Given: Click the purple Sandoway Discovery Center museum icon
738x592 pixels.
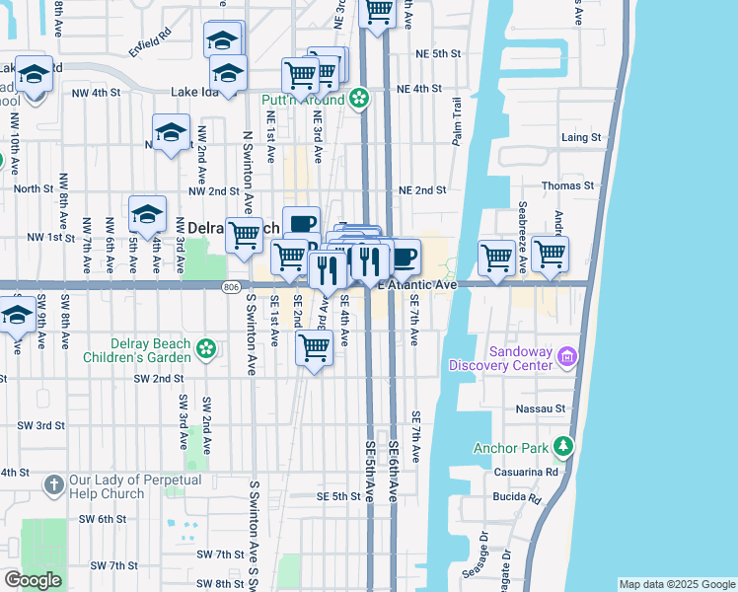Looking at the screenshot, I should pyautogui.click(x=568, y=355).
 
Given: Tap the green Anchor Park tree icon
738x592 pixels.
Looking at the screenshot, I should pyautogui.click(x=562, y=447).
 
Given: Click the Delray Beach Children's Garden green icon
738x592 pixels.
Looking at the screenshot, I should pyautogui.click(x=205, y=347).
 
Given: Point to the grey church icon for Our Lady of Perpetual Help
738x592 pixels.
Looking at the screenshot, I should pyautogui.click(x=55, y=484).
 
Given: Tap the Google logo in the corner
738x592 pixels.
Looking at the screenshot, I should pyautogui.click(x=33, y=580).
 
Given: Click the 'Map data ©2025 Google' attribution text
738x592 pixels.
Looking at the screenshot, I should pyautogui.click(x=676, y=584).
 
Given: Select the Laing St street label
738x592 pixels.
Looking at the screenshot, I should pyautogui.click(x=580, y=137).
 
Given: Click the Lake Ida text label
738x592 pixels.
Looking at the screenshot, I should pyautogui.click(x=191, y=92).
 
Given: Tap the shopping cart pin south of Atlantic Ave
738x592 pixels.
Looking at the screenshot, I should pyautogui.click(x=314, y=347).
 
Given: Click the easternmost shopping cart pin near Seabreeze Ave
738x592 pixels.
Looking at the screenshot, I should pyautogui.click(x=550, y=255).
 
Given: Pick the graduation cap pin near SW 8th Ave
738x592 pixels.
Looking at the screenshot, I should pyautogui.click(x=17, y=316).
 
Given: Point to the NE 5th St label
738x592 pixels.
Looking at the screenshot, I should pyautogui.click(x=438, y=53).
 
